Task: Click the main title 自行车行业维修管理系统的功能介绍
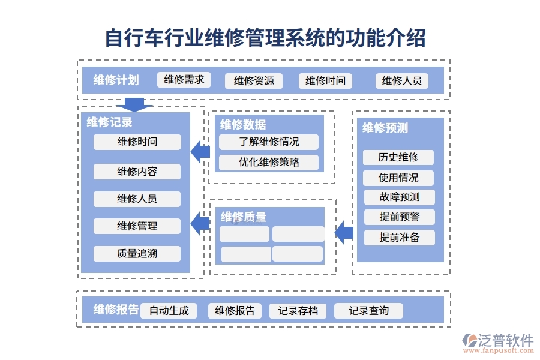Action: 265,37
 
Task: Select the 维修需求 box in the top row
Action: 184,80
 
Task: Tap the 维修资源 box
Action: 253,81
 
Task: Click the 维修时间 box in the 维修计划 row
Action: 325,81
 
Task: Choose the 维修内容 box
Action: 137,172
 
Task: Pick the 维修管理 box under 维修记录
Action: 137,226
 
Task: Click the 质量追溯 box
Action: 137,253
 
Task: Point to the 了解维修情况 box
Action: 268,142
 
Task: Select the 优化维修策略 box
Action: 268,162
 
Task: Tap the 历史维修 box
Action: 398,158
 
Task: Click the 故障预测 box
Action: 399,197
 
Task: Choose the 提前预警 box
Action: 399,217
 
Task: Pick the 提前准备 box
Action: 399,238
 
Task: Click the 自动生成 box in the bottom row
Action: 169,311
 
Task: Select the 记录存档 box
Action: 298,311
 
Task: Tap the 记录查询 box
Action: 368,311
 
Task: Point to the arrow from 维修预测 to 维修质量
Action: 344,232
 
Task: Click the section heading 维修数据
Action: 243,125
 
